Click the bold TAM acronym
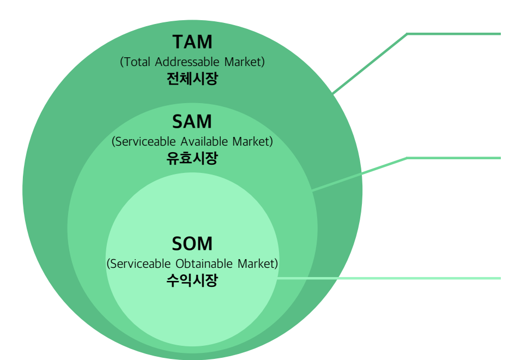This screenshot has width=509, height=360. click(192, 43)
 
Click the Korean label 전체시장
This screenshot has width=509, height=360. click(192, 79)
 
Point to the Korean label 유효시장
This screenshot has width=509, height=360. click(192, 159)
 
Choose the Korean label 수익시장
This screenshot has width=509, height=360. click(192, 280)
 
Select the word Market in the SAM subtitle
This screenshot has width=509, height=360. click(252, 142)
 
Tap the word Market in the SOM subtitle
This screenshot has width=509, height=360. click(257, 264)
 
